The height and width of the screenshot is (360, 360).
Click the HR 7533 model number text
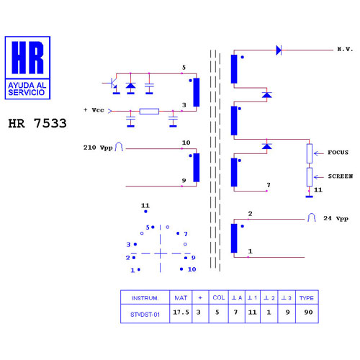click(37, 123)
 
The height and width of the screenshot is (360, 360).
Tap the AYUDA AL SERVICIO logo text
click(27, 89)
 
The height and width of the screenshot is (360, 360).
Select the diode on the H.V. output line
click(279, 50)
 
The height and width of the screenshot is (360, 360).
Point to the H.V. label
click(345, 50)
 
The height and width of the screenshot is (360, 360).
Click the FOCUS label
click(338, 153)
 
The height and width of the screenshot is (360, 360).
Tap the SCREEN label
click(341, 176)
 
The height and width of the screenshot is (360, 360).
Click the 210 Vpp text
click(98, 148)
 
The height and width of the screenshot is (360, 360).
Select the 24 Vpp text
click(336, 218)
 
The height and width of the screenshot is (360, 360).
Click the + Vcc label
click(94, 110)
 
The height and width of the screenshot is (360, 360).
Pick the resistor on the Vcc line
click(149, 112)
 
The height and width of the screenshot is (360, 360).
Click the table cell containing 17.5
click(181, 312)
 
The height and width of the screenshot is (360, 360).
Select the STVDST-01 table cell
click(145, 314)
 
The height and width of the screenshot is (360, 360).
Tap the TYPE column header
click(307, 298)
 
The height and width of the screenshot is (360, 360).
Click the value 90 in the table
click(308, 312)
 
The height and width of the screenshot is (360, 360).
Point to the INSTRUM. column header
click(145, 298)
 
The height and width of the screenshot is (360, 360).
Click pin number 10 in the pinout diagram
click(192, 269)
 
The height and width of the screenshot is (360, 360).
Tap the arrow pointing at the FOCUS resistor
click(319, 153)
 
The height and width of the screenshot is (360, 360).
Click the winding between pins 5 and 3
click(197, 92)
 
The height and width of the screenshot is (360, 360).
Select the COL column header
click(219, 297)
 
